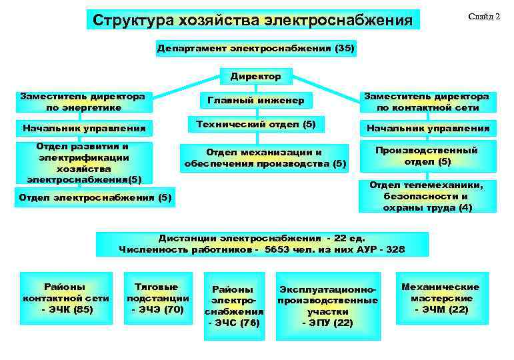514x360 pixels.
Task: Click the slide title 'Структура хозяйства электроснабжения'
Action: coord(253,20)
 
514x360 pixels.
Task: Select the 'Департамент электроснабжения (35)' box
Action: coord(256,49)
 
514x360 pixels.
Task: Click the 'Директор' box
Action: coord(256,77)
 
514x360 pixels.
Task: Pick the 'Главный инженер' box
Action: coord(256,101)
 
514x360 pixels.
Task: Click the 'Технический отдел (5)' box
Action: coord(256,125)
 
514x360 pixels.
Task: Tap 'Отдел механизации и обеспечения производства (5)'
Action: coord(265,158)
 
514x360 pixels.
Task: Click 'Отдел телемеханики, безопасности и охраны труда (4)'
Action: coord(427,196)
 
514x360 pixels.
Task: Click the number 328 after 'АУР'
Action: coord(393,249)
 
